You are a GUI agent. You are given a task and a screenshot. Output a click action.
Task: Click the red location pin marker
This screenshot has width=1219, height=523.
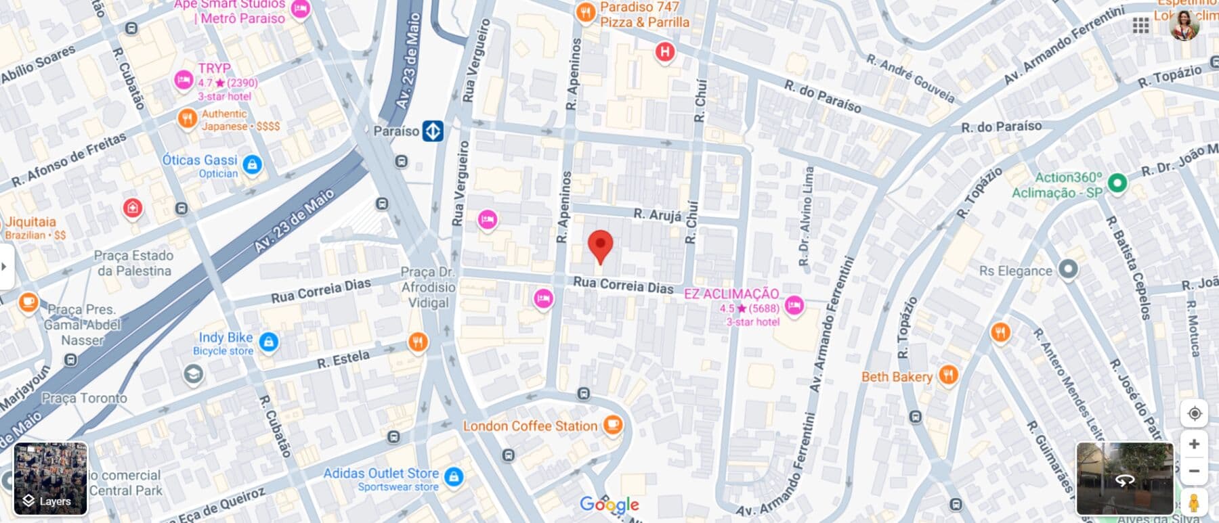[x=600, y=246]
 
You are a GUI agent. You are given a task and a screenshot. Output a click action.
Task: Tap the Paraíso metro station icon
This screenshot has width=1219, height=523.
[x=433, y=131]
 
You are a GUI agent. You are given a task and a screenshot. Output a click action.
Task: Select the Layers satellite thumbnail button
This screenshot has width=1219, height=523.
[x=51, y=478]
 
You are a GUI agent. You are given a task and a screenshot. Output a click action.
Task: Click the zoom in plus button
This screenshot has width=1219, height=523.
[x=1194, y=444]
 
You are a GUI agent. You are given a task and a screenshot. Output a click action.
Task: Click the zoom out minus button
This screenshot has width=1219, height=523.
[x=1194, y=471]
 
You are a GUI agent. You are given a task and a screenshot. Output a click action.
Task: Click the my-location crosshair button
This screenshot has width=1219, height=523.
[x=1194, y=413]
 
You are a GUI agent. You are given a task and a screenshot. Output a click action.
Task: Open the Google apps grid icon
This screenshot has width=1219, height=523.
[x=1140, y=26]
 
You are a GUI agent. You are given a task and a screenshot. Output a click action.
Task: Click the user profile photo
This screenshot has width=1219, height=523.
[x=1184, y=25]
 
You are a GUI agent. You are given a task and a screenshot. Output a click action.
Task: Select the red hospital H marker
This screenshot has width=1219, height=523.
[x=665, y=51]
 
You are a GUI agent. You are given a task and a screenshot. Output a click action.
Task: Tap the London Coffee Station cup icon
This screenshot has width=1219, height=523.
[x=612, y=425]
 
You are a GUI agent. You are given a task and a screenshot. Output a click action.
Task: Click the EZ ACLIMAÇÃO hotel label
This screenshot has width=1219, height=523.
[x=731, y=294]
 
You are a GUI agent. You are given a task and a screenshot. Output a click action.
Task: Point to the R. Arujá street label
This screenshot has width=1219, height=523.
[x=657, y=214]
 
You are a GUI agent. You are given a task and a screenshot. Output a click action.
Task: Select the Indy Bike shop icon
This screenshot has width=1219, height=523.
[x=269, y=342]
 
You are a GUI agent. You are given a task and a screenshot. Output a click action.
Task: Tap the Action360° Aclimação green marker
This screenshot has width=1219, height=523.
[x=1117, y=182]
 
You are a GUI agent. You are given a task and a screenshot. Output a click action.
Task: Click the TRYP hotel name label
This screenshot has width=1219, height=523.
[x=214, y=68]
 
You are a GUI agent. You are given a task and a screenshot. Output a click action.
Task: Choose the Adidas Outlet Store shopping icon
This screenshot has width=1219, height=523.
[x=454, y=476]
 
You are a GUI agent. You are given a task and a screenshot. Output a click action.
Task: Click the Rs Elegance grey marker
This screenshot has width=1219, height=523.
[x=1067, y=269]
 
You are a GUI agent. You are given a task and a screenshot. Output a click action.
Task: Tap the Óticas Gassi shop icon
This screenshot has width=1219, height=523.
[x=252, y=164]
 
